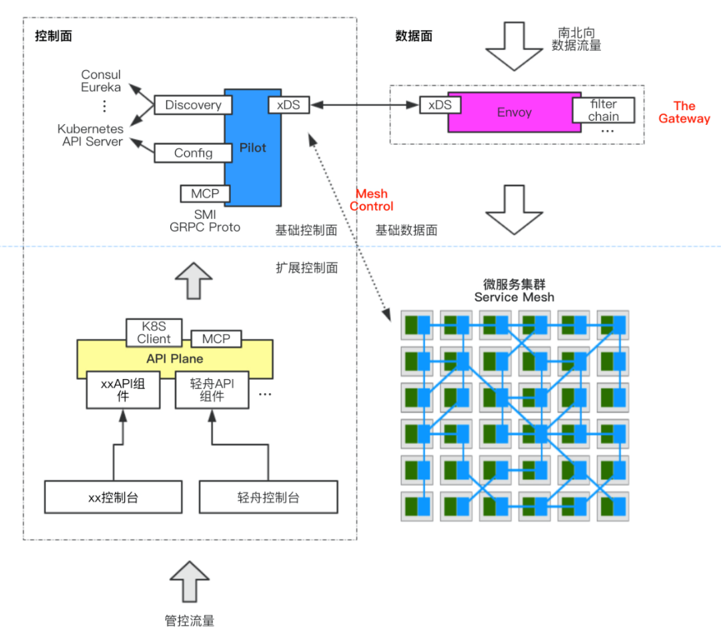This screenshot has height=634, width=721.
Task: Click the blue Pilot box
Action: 253,147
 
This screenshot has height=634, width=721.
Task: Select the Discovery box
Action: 193,105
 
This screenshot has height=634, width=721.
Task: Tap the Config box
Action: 193,153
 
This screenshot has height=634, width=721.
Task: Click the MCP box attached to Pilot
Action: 205,194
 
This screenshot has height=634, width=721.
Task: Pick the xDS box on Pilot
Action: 289,105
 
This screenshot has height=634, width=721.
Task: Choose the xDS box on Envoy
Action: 441,105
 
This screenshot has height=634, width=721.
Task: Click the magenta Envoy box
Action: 515,113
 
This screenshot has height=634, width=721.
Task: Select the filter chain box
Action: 604,110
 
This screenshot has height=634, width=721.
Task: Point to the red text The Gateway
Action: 684,112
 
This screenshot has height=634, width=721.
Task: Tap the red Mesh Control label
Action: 372,200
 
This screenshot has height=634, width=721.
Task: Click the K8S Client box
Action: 154,332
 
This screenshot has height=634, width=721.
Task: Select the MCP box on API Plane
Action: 216,339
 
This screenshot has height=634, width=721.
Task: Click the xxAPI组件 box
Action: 124,390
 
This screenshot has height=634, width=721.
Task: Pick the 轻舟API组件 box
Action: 212,390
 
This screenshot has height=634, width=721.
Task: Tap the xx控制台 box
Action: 113,497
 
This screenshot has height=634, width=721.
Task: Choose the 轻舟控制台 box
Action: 268,497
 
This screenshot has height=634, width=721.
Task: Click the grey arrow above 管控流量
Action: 190,581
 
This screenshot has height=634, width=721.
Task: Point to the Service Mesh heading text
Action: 514,297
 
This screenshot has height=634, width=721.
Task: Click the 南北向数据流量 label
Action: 577,39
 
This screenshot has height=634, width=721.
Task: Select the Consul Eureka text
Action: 101,81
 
